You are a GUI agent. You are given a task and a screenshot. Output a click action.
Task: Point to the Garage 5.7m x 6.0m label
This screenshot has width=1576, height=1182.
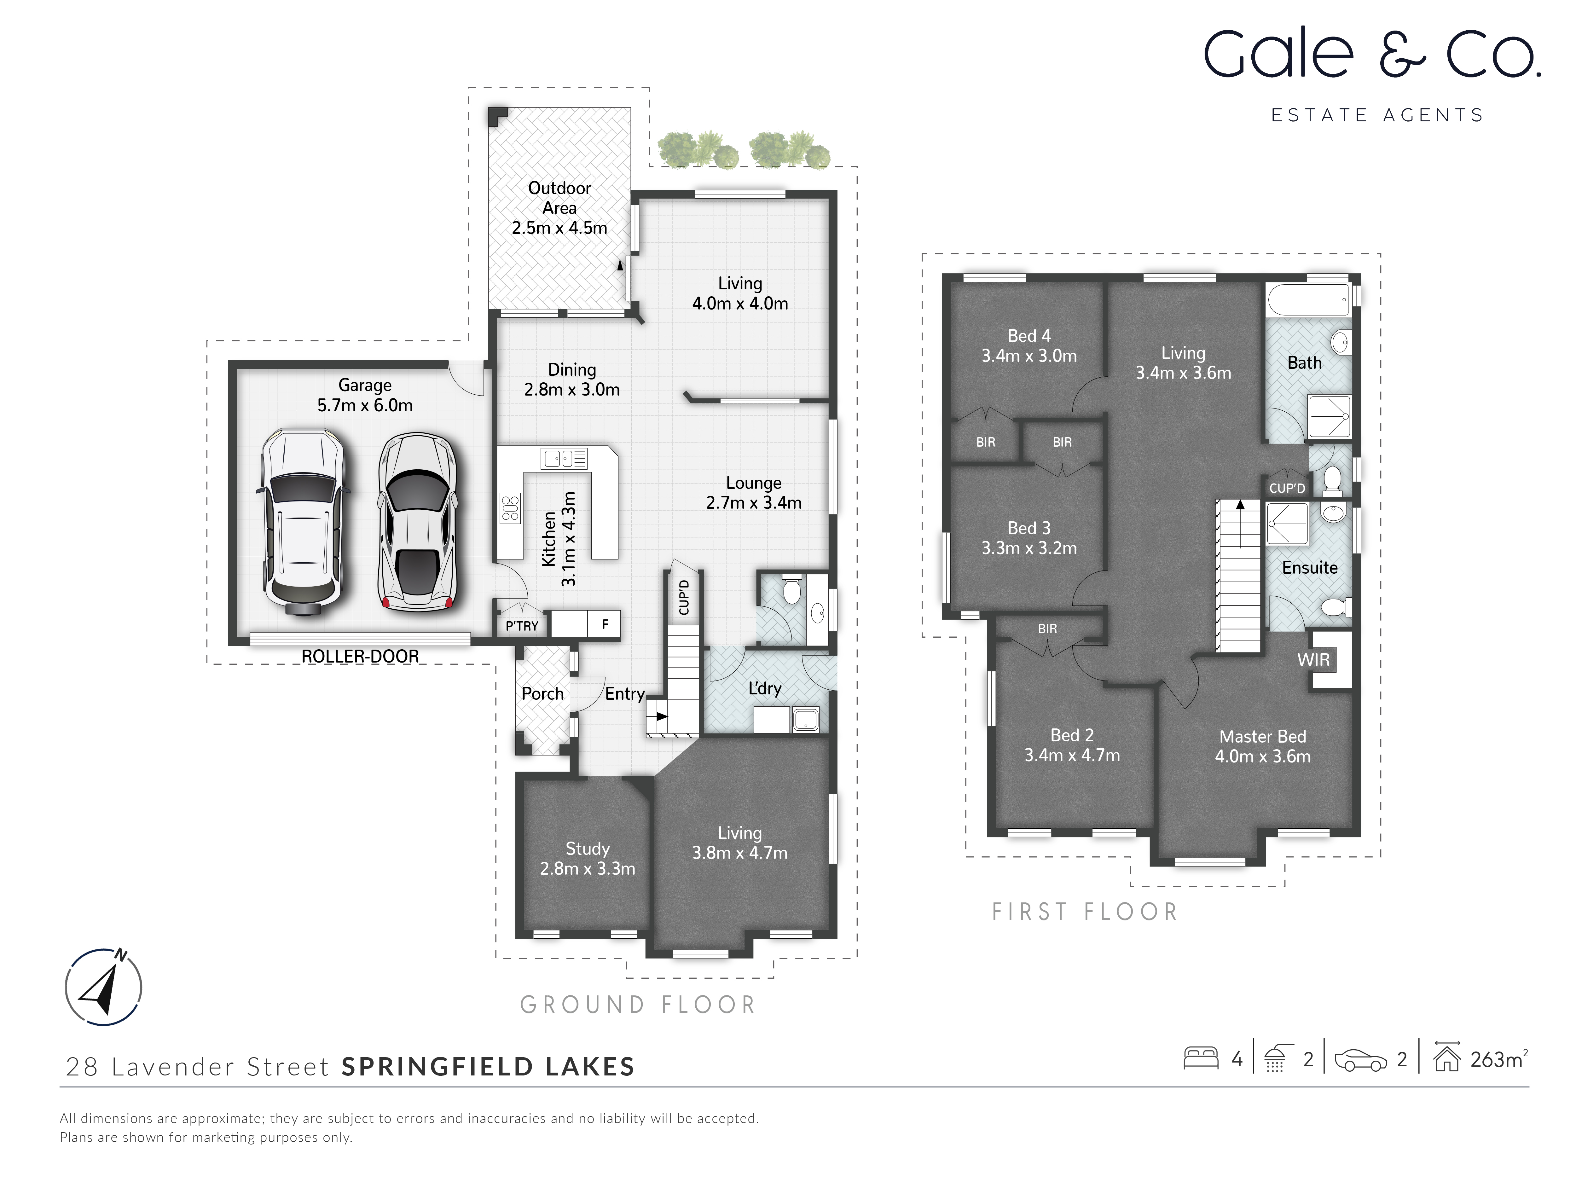pos(365,396)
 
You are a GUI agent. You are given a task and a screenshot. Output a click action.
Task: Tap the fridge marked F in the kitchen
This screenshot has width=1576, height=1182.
pos(605,624)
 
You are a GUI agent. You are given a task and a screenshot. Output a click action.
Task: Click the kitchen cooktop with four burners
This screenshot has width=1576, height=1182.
pos(510,508)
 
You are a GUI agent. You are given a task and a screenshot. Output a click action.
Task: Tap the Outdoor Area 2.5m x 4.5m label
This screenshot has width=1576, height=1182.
pos(559,208)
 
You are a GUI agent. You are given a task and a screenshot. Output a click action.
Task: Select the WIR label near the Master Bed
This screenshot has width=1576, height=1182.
pos(1313,660)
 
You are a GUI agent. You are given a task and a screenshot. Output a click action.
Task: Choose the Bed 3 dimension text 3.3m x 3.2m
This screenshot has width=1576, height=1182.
pos(1029,548)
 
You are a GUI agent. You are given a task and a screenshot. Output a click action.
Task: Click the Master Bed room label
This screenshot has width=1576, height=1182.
pos(1262,737)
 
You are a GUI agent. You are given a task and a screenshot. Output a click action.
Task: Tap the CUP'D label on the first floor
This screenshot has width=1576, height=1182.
pos(1287,488)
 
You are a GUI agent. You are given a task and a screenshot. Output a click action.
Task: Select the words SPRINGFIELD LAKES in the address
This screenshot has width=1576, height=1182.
pos(488,1067)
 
